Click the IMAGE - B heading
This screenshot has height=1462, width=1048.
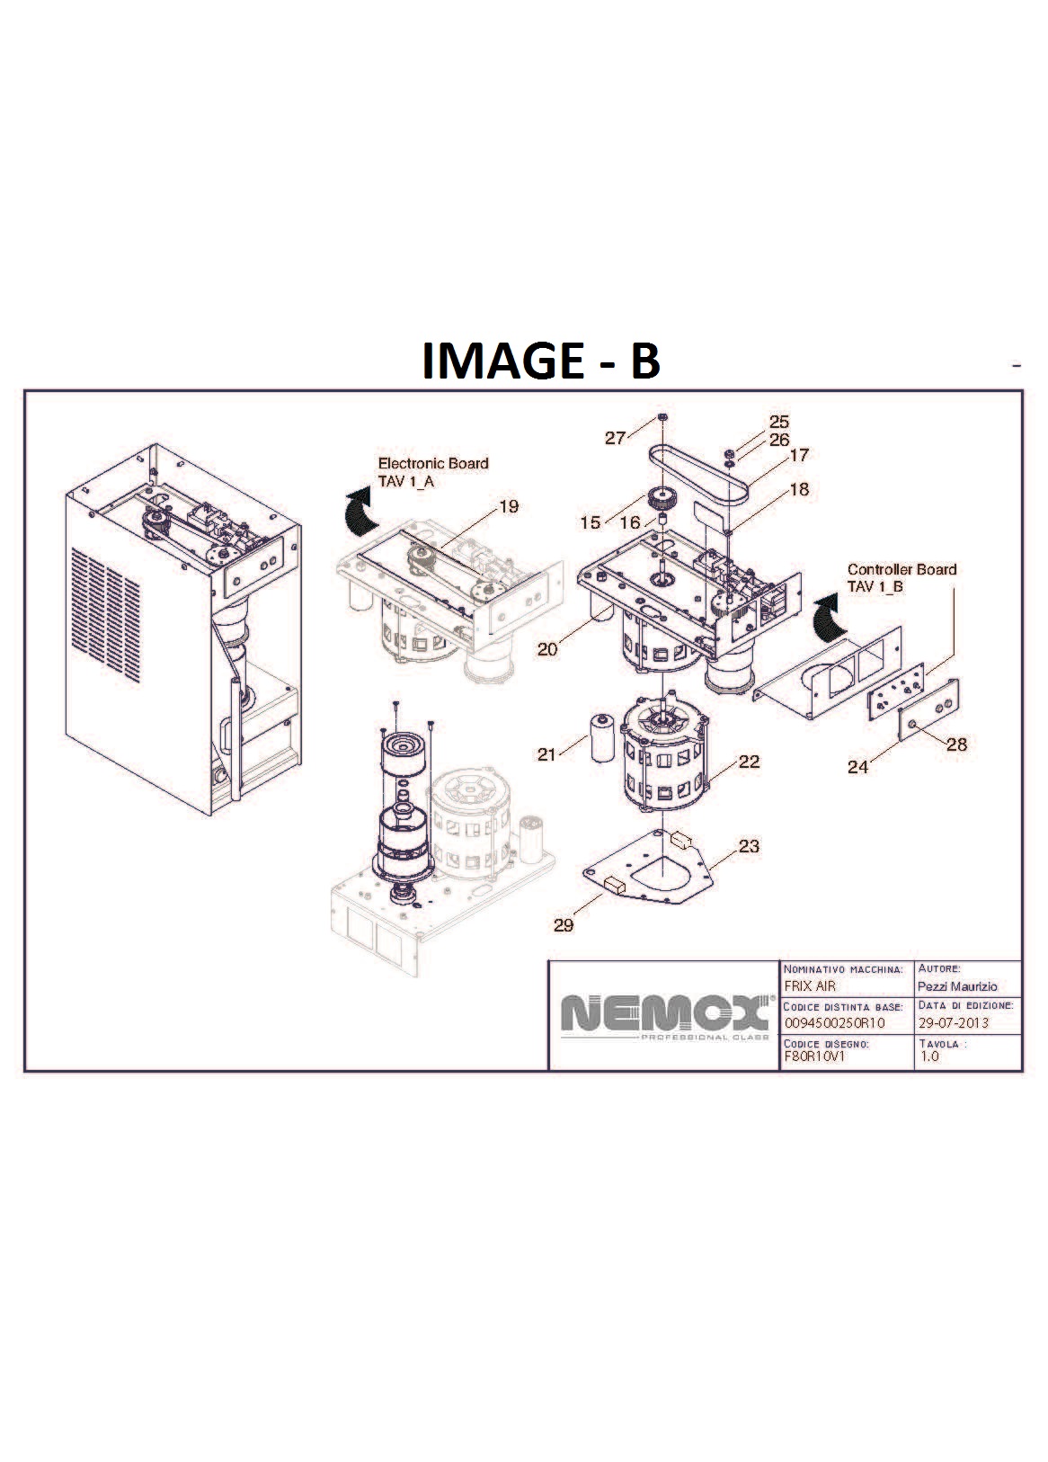541,360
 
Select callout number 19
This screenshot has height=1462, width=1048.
509,506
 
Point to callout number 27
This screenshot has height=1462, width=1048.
616,437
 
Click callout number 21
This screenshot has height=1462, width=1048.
546,754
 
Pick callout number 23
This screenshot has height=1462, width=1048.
749,846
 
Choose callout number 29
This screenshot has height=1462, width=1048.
564,924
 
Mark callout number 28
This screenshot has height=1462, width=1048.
956,744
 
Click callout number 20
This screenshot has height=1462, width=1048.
547,649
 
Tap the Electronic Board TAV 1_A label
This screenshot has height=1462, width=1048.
433,472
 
